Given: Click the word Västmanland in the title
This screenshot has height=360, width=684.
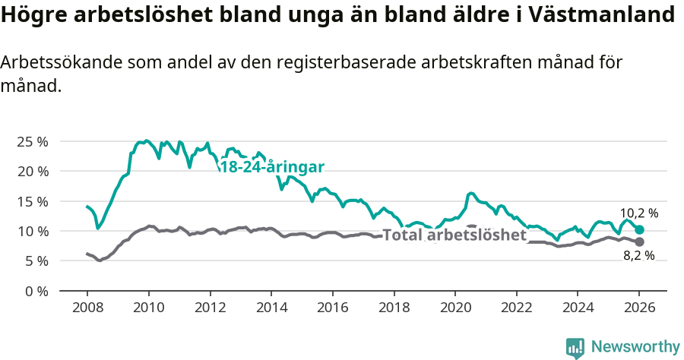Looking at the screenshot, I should pyautogui.click(x=609, y=14).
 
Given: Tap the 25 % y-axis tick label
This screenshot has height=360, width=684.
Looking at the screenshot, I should pyautogui.click(x=33, y=141).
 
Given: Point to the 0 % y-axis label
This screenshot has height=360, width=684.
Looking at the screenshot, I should pyautogui.click(x=36, y=291).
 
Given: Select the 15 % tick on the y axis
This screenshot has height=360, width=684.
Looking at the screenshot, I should pyautogui.click(x=33, y=201).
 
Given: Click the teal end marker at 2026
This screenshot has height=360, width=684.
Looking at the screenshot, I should pyautogui.click(x=639, y=229).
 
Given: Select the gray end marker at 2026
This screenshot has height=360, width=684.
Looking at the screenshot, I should pyautogui.click(x=639, y=242).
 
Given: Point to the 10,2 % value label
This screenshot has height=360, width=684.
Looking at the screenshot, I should pyautogui.click(x=639, y=213).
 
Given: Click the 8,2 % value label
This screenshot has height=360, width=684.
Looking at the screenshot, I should pyautogui.click(x=638, y=256).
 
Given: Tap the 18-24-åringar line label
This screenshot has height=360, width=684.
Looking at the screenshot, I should pyautogui.click(x=272, y=167).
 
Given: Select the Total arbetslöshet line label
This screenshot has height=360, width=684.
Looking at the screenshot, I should pyautogui.click(x=454, y=235).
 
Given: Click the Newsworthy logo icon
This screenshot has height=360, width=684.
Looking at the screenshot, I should pyautogui.click(x=575, y=348).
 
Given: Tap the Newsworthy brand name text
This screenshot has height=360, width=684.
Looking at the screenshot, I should pyautogui.click(x=635, y=347).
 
